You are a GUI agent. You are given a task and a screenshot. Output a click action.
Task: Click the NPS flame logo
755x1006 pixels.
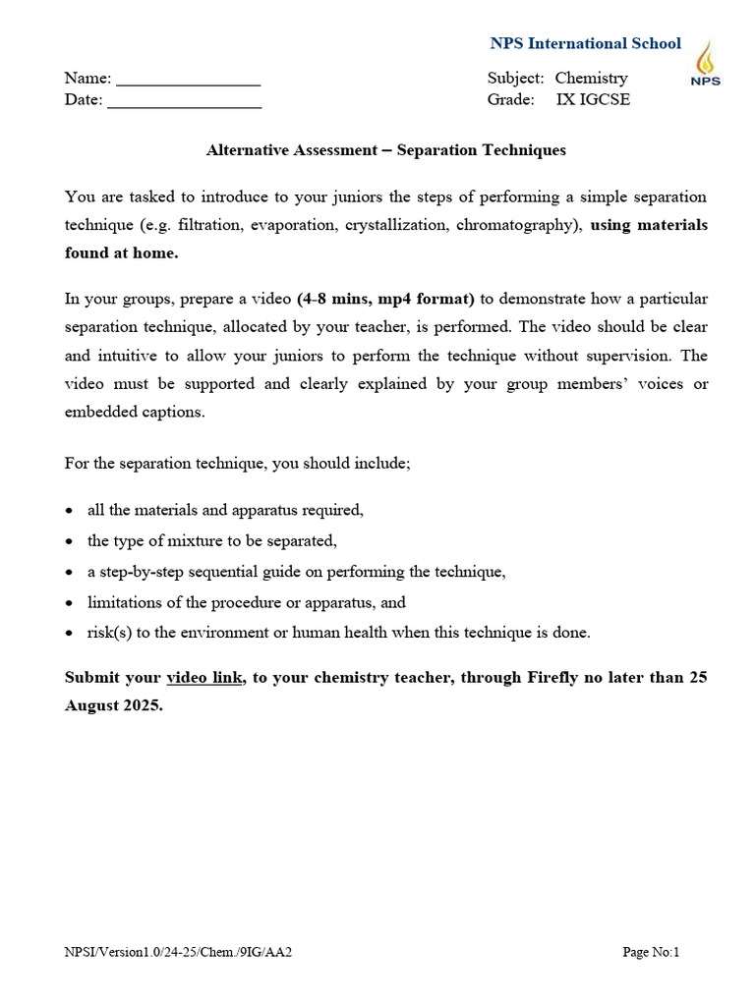(x=705, y=64)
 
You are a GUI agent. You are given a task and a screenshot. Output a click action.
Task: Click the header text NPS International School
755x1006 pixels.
(x=585, y=43)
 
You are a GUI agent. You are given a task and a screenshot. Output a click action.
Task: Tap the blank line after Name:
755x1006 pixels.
(x=188, y=79)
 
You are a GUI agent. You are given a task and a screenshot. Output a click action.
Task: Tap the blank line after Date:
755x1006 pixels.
(x=184, y=100)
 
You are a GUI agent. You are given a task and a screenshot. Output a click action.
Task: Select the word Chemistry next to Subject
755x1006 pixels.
(x=591, y=78)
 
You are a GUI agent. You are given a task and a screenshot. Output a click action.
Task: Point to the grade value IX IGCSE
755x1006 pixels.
(x=593, y=99)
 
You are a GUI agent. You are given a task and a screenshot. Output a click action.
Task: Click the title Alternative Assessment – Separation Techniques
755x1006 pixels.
(x=385, y=150)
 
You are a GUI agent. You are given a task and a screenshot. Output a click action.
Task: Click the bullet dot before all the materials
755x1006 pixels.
(x=68, y=511)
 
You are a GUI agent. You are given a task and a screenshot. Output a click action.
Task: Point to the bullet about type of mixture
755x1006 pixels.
(x=211, y=541)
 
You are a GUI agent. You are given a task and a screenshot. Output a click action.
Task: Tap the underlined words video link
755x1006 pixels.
(x=204, y=678)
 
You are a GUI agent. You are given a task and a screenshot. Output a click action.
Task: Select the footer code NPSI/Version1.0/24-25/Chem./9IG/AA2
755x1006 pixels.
(x=178, y=951)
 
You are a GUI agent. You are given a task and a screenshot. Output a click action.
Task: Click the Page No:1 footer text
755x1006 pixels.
(x=651, y=951)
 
